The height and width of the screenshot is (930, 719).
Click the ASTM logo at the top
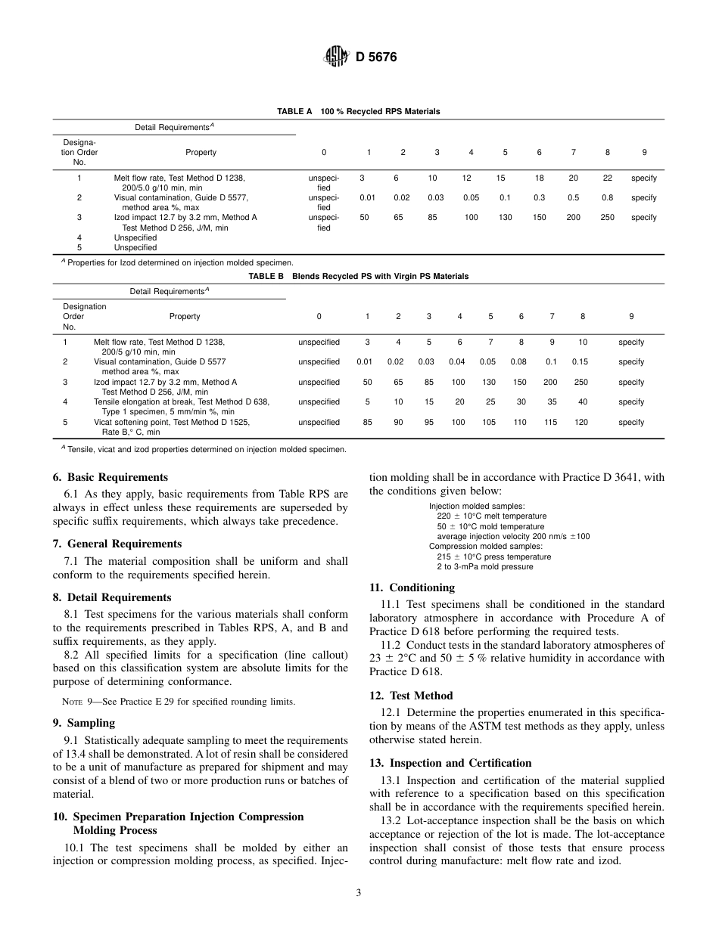click(x=336, y=56)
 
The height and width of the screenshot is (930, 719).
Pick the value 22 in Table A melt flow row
click(x=607, y=178)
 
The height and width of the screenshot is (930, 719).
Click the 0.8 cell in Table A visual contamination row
click(x=607, y=197)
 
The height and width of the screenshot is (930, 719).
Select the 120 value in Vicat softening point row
click(x=580, y=422)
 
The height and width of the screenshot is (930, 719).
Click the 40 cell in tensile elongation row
click(x=582, y=401)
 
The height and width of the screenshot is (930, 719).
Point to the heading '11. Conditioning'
click(x=412, y=587)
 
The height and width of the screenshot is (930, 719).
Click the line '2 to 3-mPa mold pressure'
click(x=484, y=566)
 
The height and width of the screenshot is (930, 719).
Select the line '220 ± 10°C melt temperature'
click(x=491, y=516)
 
